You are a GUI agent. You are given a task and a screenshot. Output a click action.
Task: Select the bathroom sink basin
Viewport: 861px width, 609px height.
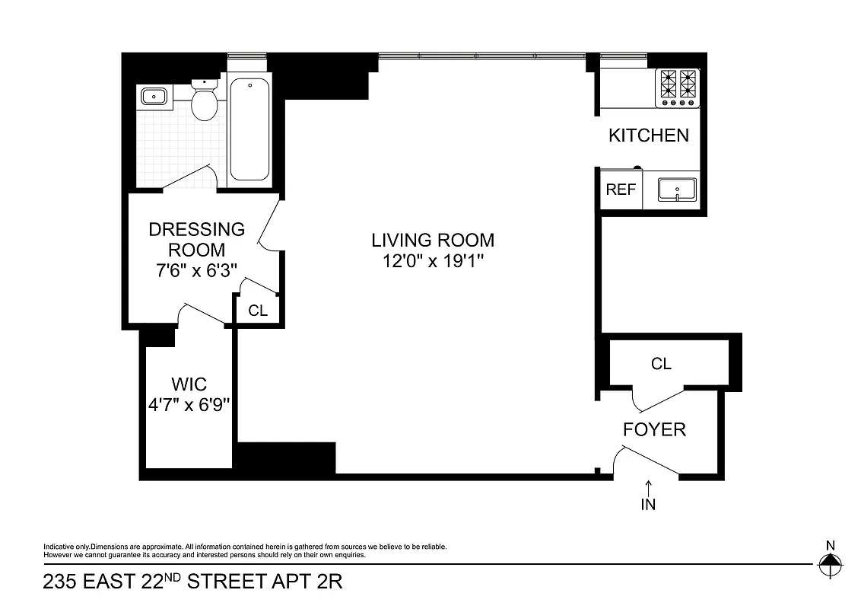tap(154, 97)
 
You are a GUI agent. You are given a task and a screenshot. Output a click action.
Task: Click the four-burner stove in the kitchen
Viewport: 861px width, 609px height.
tap(678, 85)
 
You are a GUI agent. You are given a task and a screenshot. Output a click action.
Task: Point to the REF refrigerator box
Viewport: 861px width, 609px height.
tap(620, 190)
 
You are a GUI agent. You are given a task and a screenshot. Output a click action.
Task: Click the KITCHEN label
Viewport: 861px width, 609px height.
tap(648, 136)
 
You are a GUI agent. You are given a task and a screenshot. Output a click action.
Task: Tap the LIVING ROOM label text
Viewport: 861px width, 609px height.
tap(432, 241)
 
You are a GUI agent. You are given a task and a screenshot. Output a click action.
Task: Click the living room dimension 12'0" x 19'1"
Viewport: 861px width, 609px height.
tap(432, 261)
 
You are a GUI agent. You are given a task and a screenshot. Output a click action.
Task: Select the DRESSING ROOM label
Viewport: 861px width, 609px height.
tap(197, 239)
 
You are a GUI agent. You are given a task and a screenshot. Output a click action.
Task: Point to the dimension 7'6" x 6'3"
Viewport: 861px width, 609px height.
tap(197, 269)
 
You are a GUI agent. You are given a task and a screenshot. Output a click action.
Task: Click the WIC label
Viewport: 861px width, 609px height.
tap(189, 384)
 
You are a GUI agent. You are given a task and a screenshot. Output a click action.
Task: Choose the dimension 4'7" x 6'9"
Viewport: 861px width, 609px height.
tap(189, 404)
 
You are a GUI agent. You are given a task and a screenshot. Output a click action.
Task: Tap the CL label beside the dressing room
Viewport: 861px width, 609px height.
tap(258, 311)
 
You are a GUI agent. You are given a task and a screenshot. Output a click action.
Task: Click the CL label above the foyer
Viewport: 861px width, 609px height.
tap(661, 364)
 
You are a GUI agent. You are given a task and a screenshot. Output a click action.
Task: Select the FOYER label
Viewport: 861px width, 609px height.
tap(654, 430)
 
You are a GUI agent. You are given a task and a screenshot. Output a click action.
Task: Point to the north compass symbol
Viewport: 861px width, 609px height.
tap(830, 564)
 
